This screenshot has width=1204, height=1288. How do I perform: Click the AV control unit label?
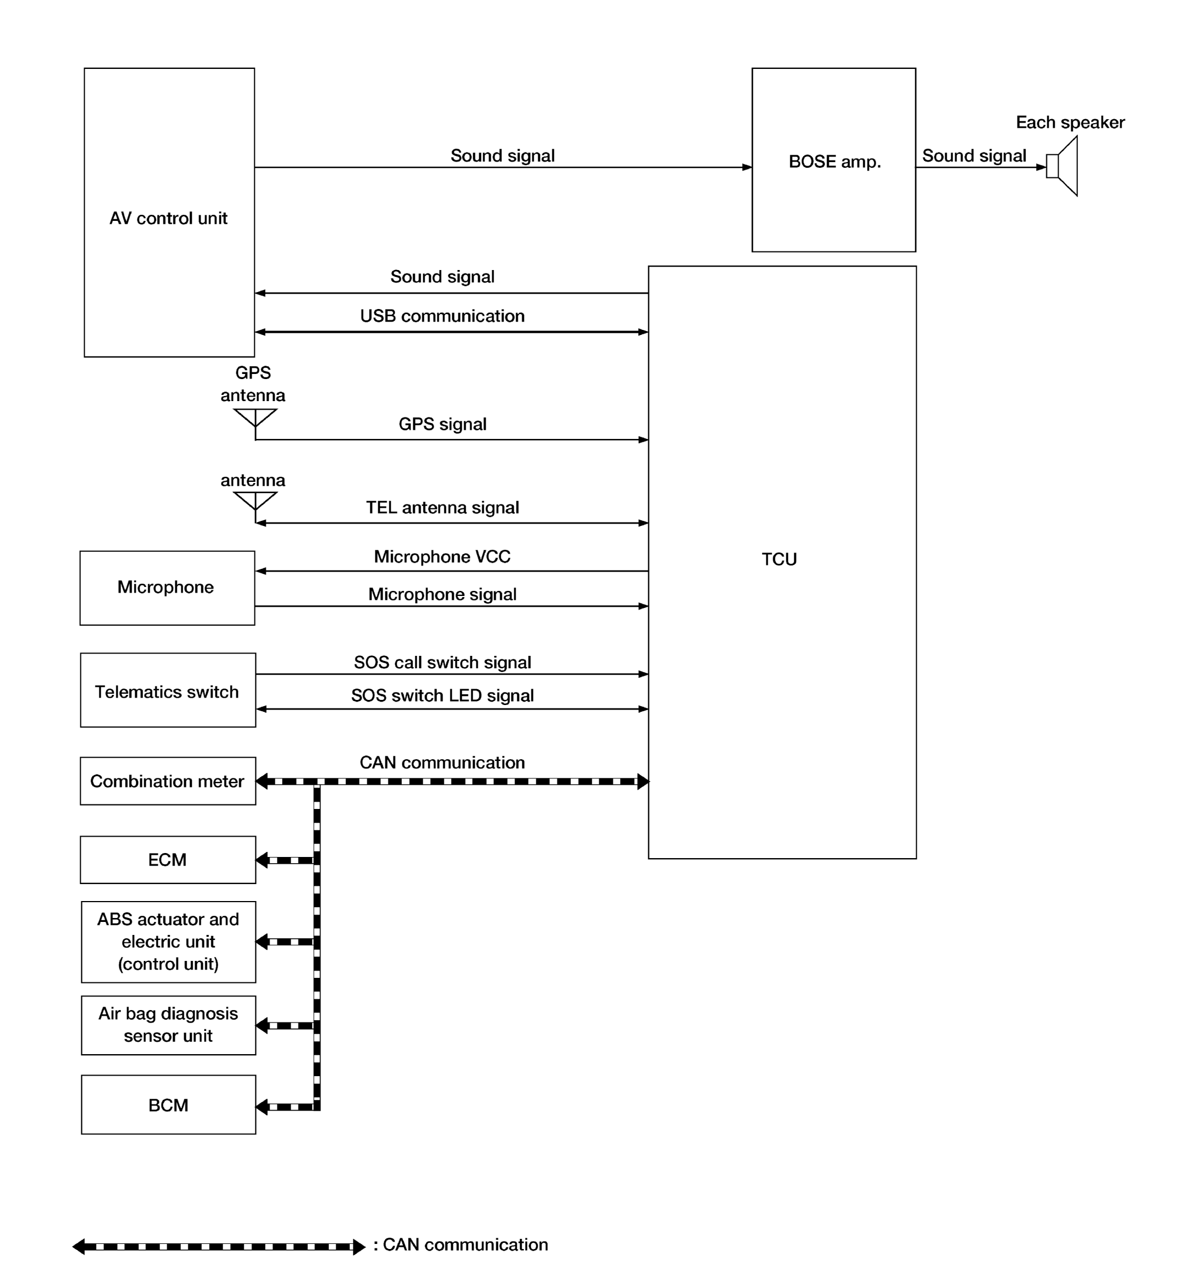[168, 218]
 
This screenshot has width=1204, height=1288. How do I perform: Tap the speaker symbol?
[1062, 166]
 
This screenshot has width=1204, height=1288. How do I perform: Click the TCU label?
[779, 559]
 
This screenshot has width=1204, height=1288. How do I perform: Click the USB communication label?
[442, 316]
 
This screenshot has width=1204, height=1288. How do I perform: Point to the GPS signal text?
[442, 424]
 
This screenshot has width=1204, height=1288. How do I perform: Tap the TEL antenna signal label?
[442, 507]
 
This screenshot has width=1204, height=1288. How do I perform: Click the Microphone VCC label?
[442, 556]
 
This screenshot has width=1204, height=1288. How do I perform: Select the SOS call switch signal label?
[442, 662]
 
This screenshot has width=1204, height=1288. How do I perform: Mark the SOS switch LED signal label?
[442, 695]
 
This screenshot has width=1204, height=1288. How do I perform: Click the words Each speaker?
[1070, 123]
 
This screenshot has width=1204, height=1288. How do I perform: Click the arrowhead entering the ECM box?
[262, 860]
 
